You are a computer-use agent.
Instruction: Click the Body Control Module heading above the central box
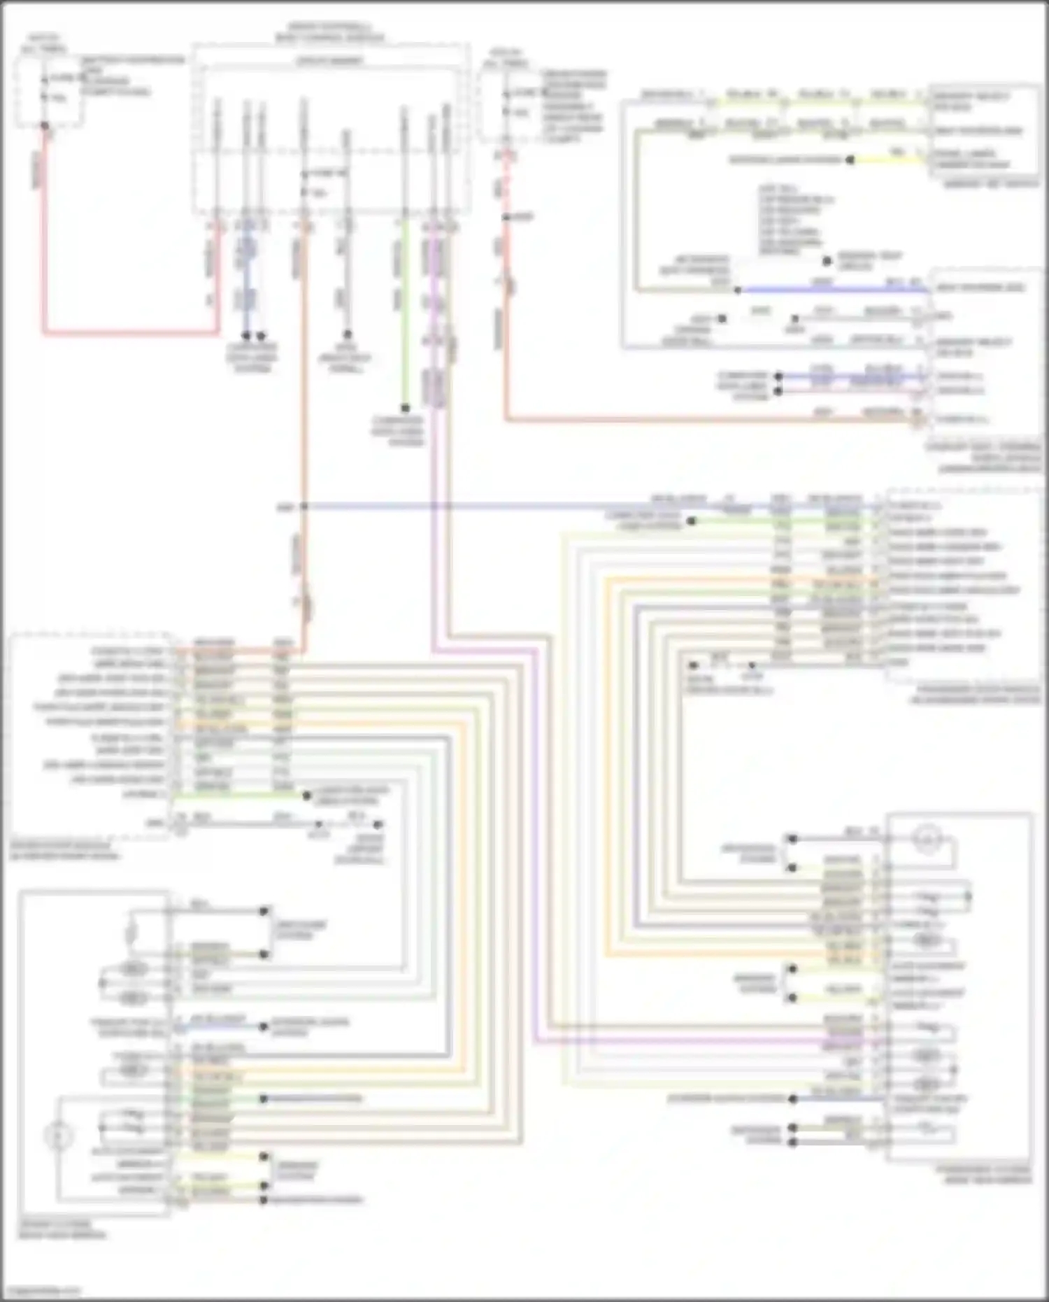(x=329, y=32)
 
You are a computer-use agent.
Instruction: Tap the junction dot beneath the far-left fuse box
(x=45, y=127)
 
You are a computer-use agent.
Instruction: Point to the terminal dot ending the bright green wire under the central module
(x=405, y=408)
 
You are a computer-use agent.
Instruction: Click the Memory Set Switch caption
(x=991, y=184)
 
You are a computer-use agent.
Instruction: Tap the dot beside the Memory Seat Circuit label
(x=827, y=261)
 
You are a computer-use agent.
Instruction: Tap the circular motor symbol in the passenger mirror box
(x=927, y=840)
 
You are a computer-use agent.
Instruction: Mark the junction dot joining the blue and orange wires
(x=304, y=507)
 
